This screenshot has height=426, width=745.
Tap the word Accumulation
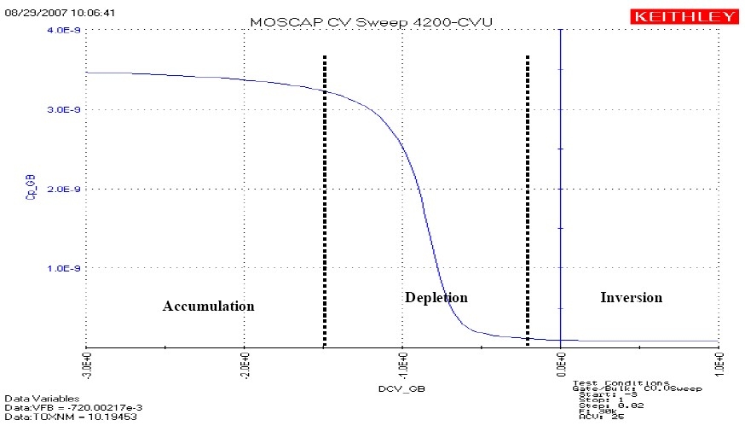(x=208, y=306)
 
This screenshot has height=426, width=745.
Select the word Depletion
(x=436, y=297)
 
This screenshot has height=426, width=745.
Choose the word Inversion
(x=631, y=297)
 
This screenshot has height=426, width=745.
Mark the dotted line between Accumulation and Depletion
(x=324, y=201)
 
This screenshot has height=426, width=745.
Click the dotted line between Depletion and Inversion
(x=528, y=201)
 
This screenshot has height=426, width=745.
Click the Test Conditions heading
(x=620, y=382)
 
